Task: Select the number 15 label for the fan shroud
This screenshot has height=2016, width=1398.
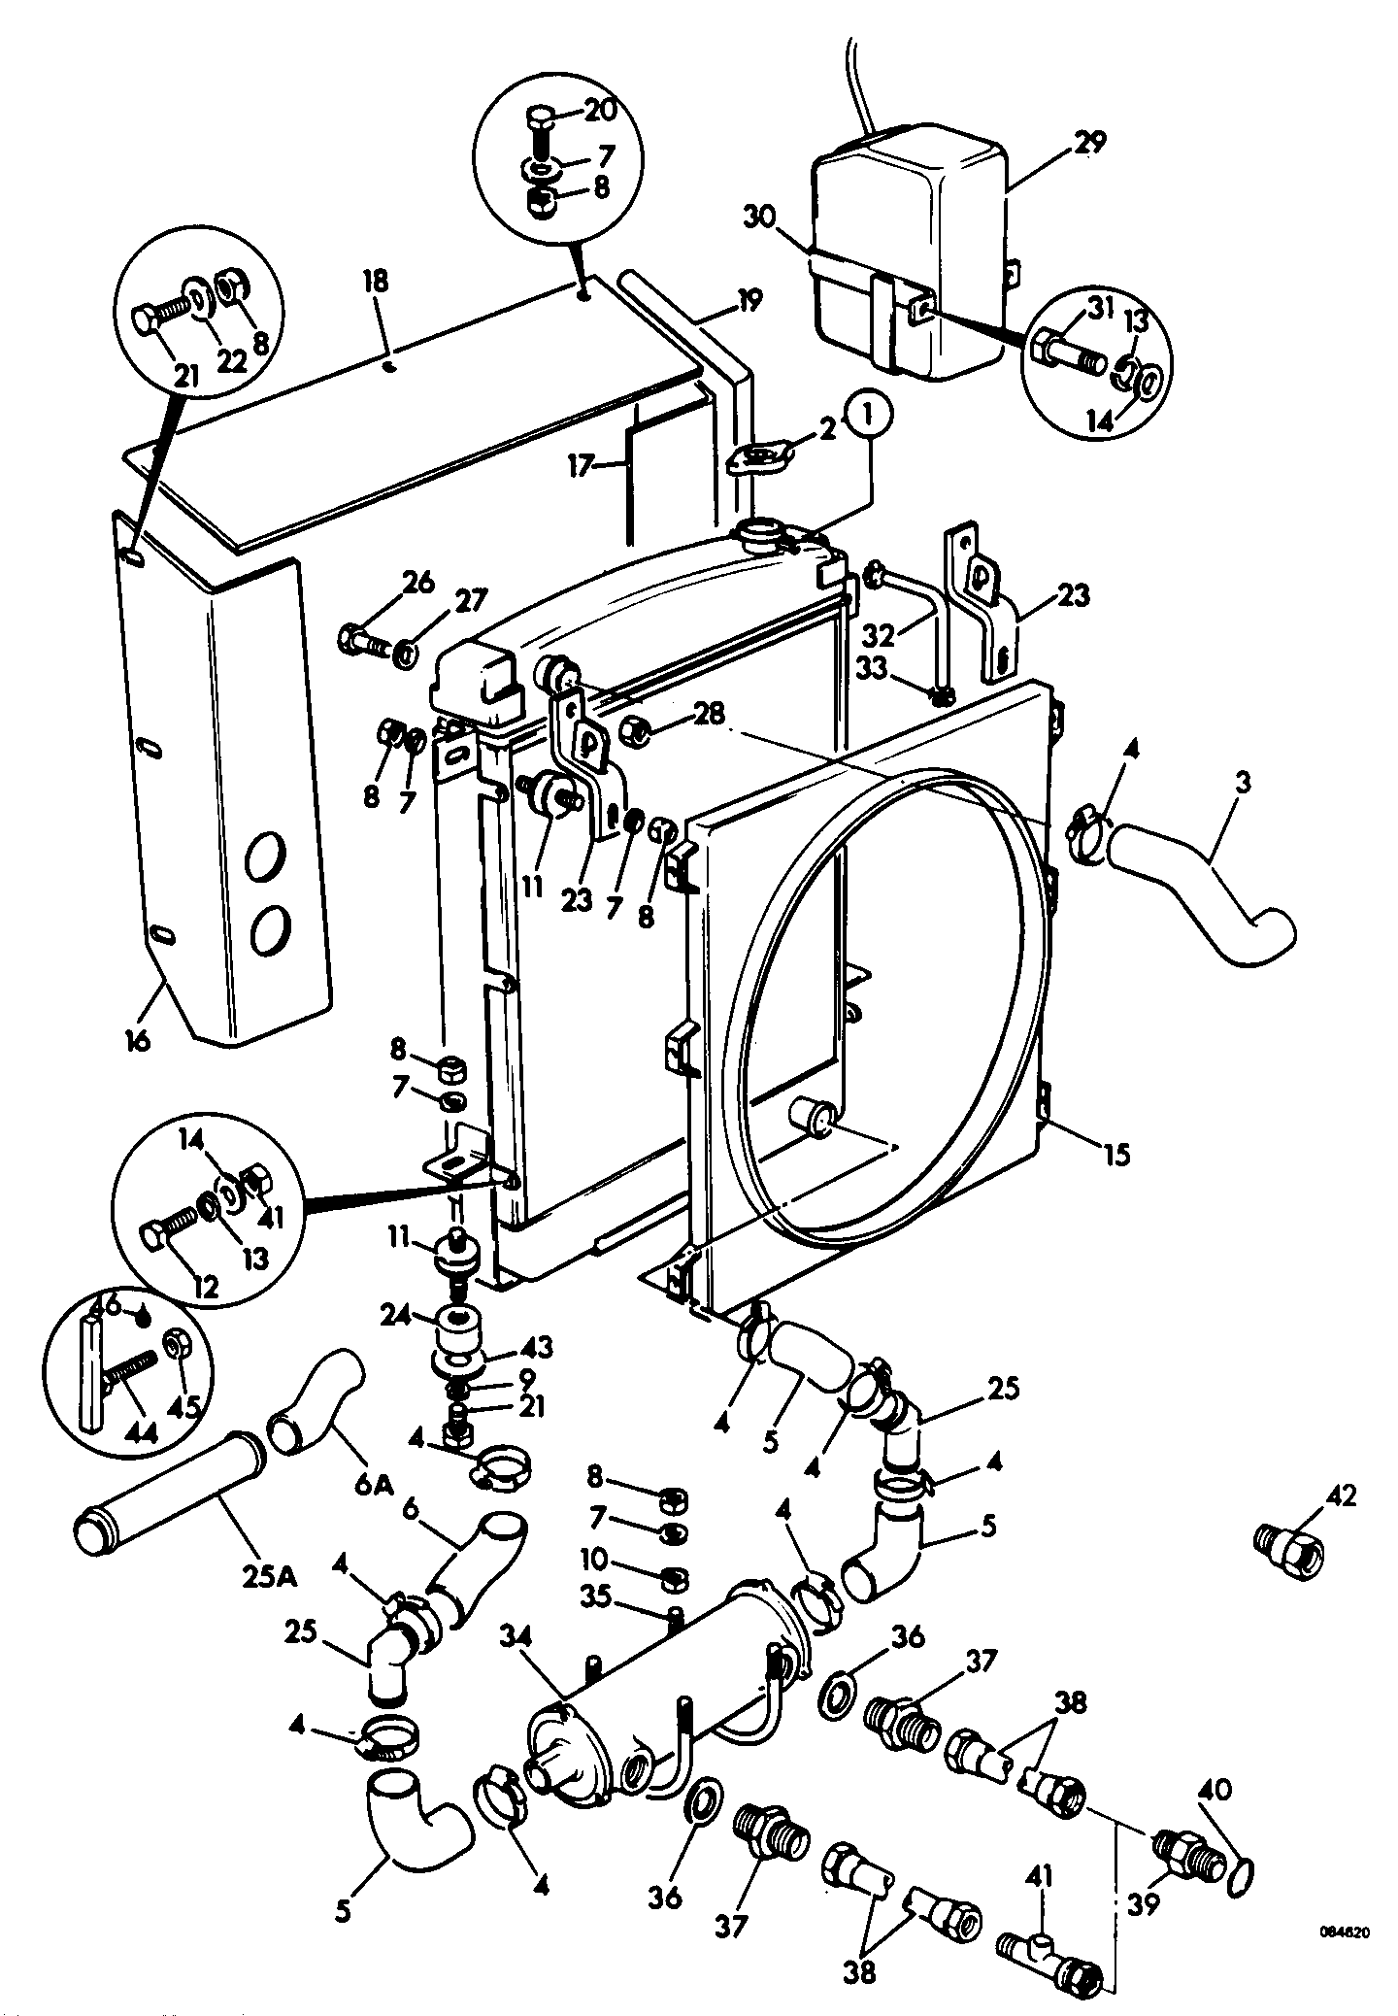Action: point(1117,1156)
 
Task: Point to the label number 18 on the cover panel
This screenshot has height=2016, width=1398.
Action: point(376,282)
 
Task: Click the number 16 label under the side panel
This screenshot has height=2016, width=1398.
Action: point(138,1041)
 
